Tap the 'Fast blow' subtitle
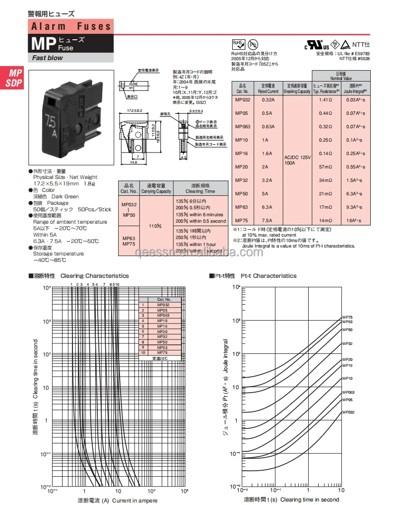[48, 58]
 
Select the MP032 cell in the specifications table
[243, 99]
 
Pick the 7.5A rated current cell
[268, 220]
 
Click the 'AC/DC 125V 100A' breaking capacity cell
[297, 160]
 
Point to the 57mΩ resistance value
[326, 167]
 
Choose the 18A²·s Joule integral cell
[354, 220]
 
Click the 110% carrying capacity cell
[156, 226]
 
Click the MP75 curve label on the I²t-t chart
[347, 317]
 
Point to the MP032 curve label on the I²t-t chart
[348, 412]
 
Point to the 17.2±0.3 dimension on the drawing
[131, 110]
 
